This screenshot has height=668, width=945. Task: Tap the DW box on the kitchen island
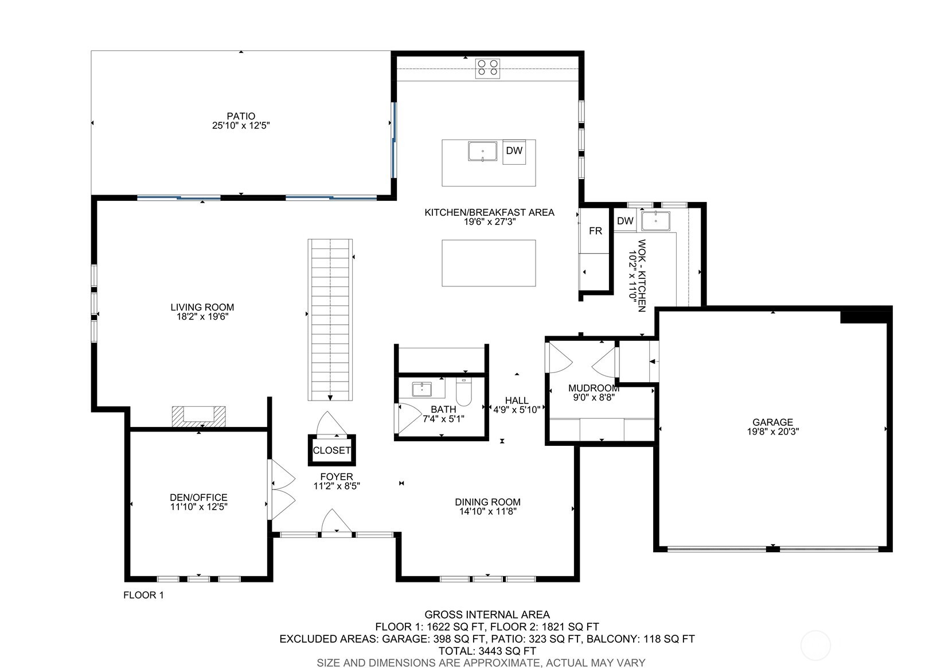[x=514, y=151]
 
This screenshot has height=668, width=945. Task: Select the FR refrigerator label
[x=595, y=231]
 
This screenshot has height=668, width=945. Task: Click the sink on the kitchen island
[x=483, y=152]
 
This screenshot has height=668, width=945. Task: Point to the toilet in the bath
[x=463, y=392]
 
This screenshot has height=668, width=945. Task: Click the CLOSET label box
[x=331, y=450]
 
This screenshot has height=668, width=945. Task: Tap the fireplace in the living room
[x=198, y=415]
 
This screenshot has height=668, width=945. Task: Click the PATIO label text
[x=241, y=116]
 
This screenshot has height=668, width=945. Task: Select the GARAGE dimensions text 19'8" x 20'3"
[x=772, y=432]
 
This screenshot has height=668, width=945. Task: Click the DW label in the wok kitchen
[x=625, y=221]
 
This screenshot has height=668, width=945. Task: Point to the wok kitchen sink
[x=655, y=221]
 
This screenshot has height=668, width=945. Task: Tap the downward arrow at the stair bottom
[x=330, y=397]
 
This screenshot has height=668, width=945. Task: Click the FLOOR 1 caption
[x=143, y=595]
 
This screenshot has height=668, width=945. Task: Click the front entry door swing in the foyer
[x=336, y=522]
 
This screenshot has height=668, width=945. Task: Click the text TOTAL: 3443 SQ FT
[x=487, y=651]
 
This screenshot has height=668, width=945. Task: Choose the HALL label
[x=517, y=401]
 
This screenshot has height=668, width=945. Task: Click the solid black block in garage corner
[x=865, y=316]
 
